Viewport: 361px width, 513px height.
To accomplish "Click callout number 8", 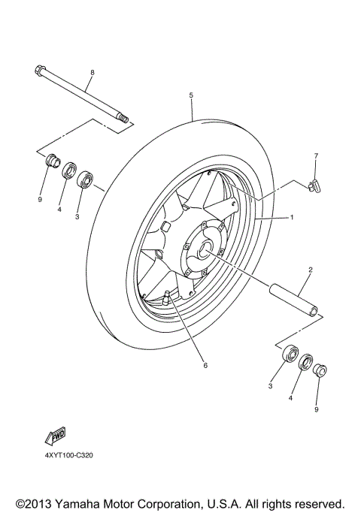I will pos(92,72).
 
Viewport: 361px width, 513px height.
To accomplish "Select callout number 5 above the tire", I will pos(192,95).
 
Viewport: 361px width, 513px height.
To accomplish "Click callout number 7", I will pos(316,155).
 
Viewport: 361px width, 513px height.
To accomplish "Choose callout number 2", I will pos(309,269).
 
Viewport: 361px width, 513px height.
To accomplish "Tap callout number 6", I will pos(204,366).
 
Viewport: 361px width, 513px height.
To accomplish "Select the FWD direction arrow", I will pos(56,437).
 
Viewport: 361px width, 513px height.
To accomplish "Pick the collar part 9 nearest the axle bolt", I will pos(52,160).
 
